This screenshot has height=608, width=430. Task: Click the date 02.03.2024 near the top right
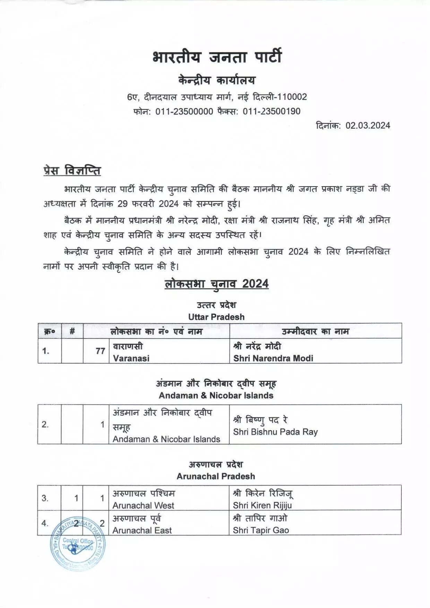click(368, 126)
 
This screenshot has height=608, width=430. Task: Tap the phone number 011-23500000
click(184, 111)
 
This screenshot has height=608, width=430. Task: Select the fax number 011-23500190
click(272, 111)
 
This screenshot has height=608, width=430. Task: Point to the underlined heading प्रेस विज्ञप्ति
click(72, 171)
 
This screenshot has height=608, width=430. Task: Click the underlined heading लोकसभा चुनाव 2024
click(216, 284)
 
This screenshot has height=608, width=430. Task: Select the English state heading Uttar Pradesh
click(216, 317)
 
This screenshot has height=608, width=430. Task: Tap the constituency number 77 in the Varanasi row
click(100, 351)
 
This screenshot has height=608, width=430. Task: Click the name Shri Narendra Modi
click(273, 358)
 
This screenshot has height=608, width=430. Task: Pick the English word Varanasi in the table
click(131, 358)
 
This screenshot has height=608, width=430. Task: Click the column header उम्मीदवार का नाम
click(315, 331)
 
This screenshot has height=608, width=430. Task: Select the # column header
click(72, 331)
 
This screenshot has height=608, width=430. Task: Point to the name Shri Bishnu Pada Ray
click(275, 432)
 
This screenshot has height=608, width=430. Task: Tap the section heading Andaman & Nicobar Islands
click(216, 395)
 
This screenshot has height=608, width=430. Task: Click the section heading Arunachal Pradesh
click(216, 476)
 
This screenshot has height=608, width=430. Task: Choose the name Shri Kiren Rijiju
click(262, 505)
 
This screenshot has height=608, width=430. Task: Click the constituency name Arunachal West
click(143, 505)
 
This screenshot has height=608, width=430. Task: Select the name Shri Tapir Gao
click(261, 530)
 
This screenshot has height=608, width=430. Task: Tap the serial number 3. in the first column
click(45, 498)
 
